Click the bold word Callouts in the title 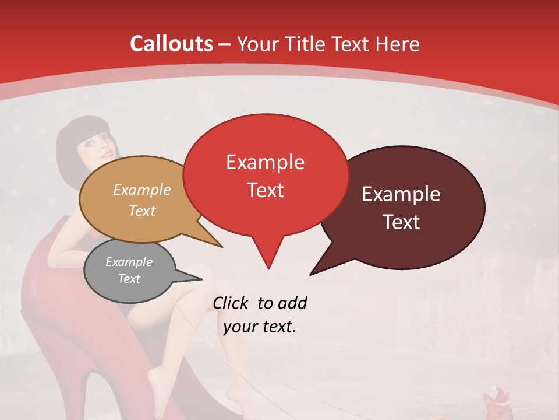(171, 44)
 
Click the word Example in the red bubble (265, 162)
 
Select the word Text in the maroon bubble (402, 222)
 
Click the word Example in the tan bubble (142, 190)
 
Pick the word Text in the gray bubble (129, 279)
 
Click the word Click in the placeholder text (231, 303)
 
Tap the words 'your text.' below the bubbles (260, 327)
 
